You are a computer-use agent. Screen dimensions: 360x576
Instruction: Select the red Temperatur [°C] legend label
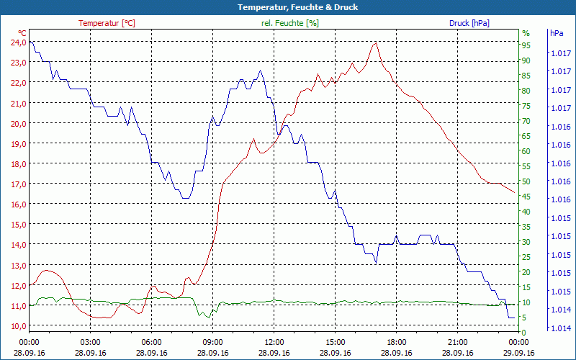point(107,23)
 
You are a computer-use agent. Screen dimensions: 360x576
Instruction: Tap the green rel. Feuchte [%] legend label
point(290,23)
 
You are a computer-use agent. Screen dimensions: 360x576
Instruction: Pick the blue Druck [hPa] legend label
point(469,23)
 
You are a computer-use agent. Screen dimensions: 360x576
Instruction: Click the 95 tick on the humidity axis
point(526,45)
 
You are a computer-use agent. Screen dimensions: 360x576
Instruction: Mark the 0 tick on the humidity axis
point(524,332)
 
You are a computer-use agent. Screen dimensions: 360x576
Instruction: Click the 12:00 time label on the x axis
point(274,343)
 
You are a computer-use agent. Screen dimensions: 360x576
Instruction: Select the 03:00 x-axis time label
point(91,343)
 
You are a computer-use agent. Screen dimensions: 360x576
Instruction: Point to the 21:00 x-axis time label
point(458,343)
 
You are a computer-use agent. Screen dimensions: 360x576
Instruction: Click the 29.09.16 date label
point(519,353)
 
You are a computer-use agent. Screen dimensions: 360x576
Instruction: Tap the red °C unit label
point(22,33)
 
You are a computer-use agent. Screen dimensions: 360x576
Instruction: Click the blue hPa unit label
point(557,33)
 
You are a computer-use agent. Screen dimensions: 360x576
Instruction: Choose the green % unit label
point(526,33)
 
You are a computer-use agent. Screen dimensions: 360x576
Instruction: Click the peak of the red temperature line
point(375,42)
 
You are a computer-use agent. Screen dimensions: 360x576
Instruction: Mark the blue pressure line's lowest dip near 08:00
point(186,197)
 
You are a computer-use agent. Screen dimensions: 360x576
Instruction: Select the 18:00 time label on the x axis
point(397,343)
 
